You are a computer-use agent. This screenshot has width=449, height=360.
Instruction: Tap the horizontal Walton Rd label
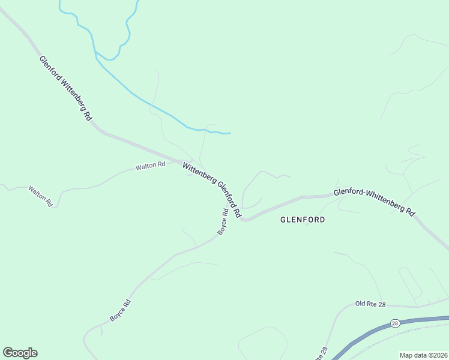click(x=150, y=165)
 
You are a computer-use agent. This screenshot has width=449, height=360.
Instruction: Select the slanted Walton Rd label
click(x=40, y=196)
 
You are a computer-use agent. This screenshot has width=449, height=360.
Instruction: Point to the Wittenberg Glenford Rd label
click(x=212, y=190)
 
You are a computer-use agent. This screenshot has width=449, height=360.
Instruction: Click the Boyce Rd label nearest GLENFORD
click(x=223, y=221)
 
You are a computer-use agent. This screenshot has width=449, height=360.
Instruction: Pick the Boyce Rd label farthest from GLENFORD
click(x=120, y=309)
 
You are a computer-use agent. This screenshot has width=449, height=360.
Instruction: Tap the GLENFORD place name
click(x=303, y=220)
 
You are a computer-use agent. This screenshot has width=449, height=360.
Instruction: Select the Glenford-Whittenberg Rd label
click(x=375, y=202)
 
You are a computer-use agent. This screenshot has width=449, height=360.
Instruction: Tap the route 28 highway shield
click(x=394, y=323)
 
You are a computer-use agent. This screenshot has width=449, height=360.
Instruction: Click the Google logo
click(x=20, y=353)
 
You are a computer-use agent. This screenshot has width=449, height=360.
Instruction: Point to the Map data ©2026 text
click(x=423, y=355)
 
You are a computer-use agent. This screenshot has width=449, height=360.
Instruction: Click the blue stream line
click(x=132, y=94)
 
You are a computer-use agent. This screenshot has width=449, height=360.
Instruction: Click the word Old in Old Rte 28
click(x=361, y=304)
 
